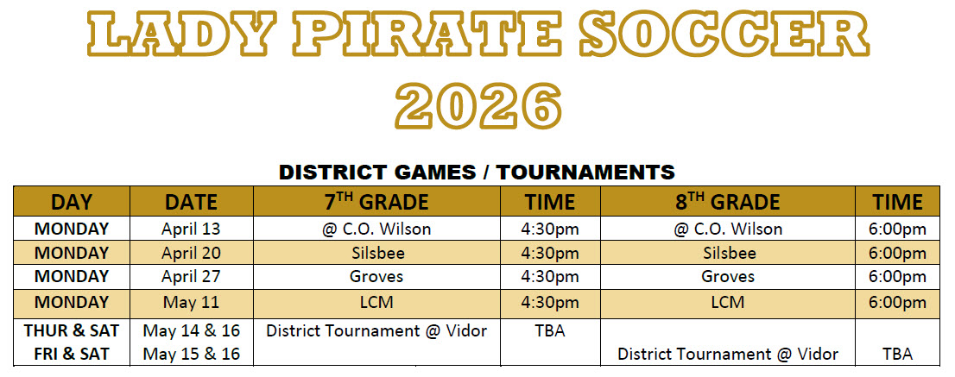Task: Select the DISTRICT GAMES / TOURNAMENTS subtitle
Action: [x=477, y=171]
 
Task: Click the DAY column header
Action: [x=72, y=202]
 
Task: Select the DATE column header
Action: [x=192, y=202]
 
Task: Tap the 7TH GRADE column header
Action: [x=376, y=202]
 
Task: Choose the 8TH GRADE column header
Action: [x=728, y=202]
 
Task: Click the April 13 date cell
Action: [x=192, y=229]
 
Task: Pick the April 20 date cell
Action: [x=192, y=253]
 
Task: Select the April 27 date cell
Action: [x=192, y=277]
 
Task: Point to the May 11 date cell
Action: [x=192, y=303]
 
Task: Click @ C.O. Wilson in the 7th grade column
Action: [x=376, y=229]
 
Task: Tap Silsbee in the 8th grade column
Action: [x=728, y=253]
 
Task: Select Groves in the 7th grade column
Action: [x=376, y=277]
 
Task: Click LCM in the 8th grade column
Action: [x=728, y=303]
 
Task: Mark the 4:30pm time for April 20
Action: [x=550, y=253]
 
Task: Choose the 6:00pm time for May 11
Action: [x=898, y=303]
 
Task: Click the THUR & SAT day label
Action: [x=72, y=330]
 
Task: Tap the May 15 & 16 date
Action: [x=192, y=354]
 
